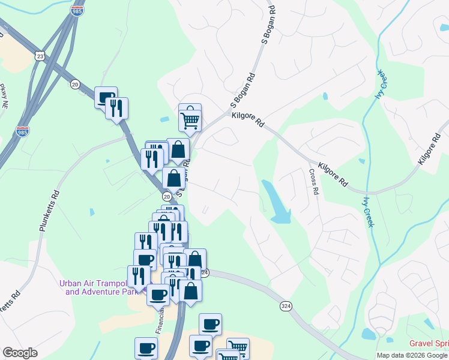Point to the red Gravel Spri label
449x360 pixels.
pyautogui.click(x=429, y=344)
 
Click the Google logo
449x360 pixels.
pyautogui.click(x=20, y=353)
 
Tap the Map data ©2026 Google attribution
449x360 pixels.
pyautogui.click(x=412, y=355)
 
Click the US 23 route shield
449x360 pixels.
pyautogui.click(x=40, y=56)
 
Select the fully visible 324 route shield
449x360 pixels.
pyautogui.click(x=286, y=306)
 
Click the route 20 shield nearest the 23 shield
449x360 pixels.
pyautogui.click(x=75, y=83)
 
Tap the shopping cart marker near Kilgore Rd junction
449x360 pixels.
pyautogui.click(x=190, y=118)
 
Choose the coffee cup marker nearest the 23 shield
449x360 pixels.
pyautogui.click(x=106, y=97)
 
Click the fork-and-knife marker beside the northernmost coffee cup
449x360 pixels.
pyautogui.click(x=117, y=109)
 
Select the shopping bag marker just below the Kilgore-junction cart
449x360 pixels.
pyautogui.click(x=178, y=150)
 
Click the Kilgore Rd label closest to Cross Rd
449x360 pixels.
pyautogui.click(x=333, y=173)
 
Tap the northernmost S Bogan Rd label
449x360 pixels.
pyautogui.click(x=268, y=25)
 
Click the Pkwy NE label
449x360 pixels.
pyautogui.click(x=4, y=96)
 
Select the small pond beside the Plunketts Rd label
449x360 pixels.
pyautogui.click(x=91, y=212)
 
